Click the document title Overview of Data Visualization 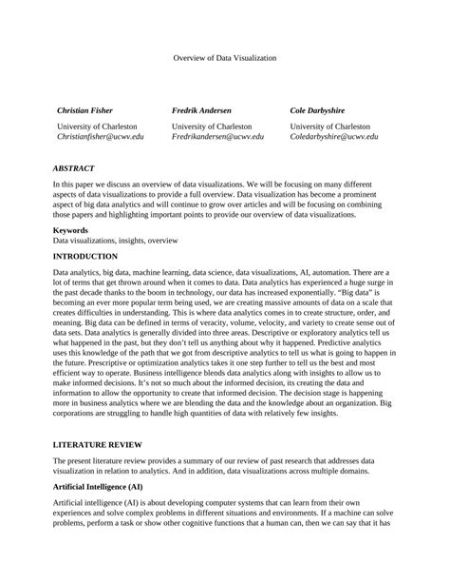pyautogui.click(x=224, y=58)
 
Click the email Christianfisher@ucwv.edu pyautogui.click(x=101, y=137)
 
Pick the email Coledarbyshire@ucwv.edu pyautogui.click(x=333, y=137)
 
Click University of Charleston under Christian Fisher pyautogui.click(x=97, y=126)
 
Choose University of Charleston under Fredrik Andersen pyautogui.click(x=212, y=126)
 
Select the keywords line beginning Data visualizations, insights pyautogui.click(x=116, y=242)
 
